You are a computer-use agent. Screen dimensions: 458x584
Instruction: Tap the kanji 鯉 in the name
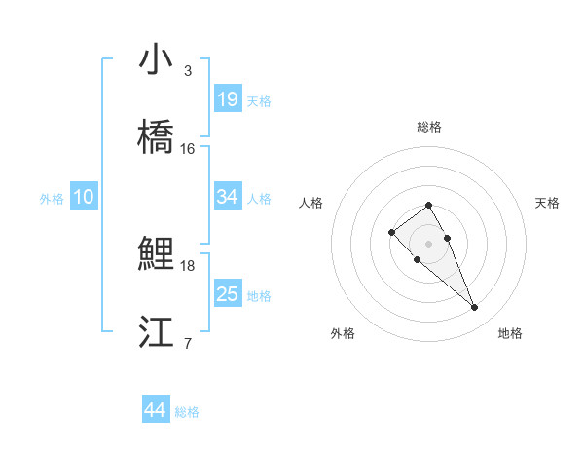(x=156, y=255)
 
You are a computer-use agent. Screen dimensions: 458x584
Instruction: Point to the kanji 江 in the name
(x=156, y=332)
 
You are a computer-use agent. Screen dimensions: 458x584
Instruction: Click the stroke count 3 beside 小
(x=188, y=71)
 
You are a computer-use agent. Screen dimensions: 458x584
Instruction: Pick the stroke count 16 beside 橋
(x=188, y=148)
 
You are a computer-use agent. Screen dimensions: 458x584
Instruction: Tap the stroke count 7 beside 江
(x=188, y=343)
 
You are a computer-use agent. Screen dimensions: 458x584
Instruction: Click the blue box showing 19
(x=228, y=98)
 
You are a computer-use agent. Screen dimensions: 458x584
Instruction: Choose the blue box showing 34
(x=228, y=197)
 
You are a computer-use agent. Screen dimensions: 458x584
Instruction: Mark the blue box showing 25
(x=228, y=294)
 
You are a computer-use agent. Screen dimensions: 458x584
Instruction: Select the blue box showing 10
(x=84, y=197)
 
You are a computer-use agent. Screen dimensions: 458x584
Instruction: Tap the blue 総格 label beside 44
(x=187, y=412)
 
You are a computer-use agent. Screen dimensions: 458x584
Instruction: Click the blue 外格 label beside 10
(x=52, y=199)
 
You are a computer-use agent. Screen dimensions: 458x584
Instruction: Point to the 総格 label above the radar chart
(x=429, y=127)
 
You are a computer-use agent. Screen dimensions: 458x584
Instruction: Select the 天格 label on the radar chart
(x=547, y=203)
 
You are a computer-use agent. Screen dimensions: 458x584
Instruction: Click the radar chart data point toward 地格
(x=475, y=308)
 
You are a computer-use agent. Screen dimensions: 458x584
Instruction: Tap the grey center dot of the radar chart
(x=429, y=243)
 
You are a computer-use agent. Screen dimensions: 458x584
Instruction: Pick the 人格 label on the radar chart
(x=310, y=203)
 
